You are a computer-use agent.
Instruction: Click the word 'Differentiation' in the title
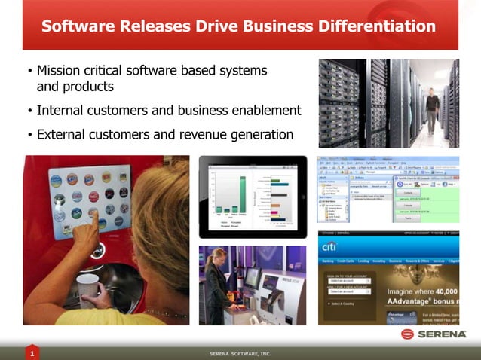(371, 26)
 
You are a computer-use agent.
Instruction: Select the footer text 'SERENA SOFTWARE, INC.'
(240, 353)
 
